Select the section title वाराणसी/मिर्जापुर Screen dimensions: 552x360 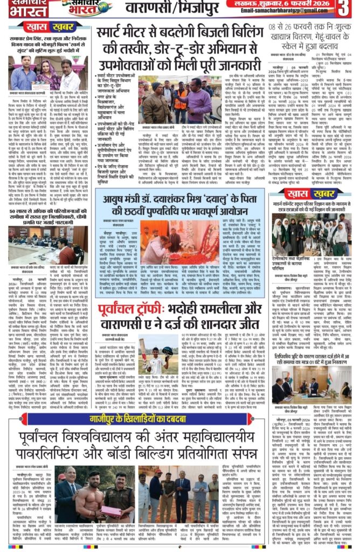click(168, 9)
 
